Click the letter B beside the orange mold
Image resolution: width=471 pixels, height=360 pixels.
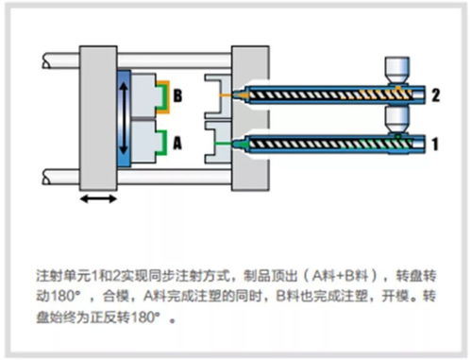click(177, 95)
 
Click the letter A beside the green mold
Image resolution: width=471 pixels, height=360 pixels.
click(177, 144)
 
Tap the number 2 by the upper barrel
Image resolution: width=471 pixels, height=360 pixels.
click(435, 94)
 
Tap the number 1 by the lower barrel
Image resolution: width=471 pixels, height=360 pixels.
click(435, 144)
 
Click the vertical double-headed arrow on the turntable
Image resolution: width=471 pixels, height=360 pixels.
click(125, 118)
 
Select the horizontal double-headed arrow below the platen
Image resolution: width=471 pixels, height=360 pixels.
click(98, 198)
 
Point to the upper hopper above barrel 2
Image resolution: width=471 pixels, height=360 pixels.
click(397, 71)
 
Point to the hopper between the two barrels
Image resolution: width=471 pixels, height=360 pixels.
click(397, 120)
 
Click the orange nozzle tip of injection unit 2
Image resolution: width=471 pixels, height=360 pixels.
click(240, 94)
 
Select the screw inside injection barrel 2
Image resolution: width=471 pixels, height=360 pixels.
click(331, 94)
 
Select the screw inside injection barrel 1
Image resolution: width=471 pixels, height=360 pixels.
click(331, 145)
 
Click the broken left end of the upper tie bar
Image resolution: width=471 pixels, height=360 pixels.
click(45, 60)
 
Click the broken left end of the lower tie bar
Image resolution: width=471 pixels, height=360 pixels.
click(45, 177)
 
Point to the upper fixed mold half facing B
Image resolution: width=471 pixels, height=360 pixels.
click(218, 96)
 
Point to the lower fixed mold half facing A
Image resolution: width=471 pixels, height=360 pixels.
click(218, 143)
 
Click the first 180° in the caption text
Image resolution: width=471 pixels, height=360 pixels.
click(65, 296)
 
